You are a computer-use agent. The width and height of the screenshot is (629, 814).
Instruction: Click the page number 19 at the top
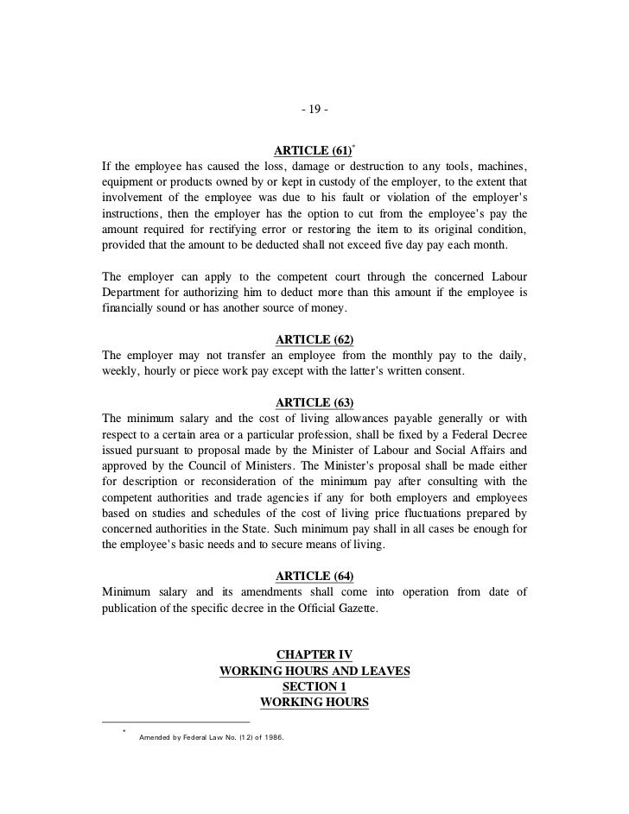[314, 110]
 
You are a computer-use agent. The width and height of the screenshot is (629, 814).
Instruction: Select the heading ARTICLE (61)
[311, 151]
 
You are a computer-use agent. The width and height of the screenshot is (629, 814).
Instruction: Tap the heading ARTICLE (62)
[314, 340]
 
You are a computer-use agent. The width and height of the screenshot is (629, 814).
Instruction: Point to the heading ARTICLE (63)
[314, 403]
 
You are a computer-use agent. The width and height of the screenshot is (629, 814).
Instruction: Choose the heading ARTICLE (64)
[314, 576]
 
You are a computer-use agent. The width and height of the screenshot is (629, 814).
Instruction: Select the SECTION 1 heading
[314, 687]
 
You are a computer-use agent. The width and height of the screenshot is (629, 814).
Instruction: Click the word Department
[134, 293]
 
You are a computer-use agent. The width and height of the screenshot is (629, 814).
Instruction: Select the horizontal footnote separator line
[175, 721]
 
